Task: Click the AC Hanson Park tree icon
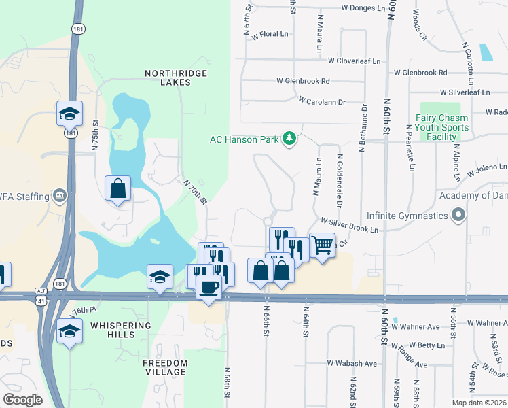(x=290, y=139)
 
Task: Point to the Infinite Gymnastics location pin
(x=458, y=216)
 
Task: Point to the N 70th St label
(x=195, y=190)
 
